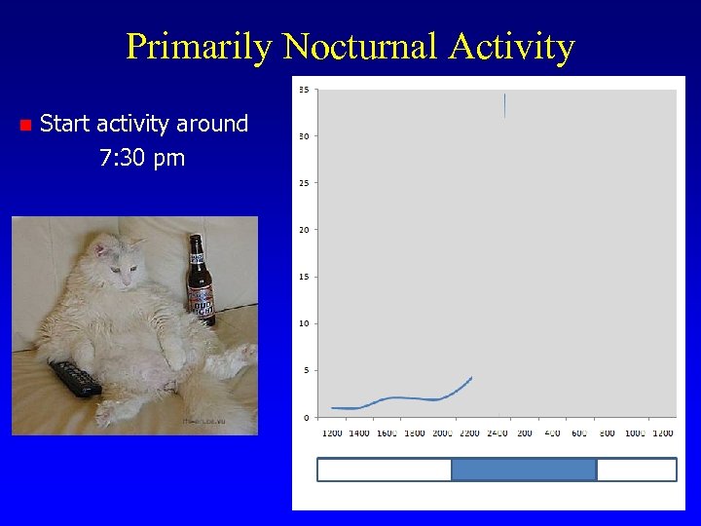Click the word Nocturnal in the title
(x=362, y=46)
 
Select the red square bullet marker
(x=25, y=125)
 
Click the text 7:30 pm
(x=142, y=158)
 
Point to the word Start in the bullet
(x=64, y=124)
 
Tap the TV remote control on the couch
(x=76, y=377)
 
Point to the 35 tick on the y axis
(x=304, y=90)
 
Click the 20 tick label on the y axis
(x=304, y=230)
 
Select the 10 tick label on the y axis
(x=304, y=323)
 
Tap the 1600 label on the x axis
(x=387, y=432)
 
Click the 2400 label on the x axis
(x=498, y=432)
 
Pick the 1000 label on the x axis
(x=635, y=432)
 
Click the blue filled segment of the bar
(x=524, y=470)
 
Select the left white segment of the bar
(x=385, y=470)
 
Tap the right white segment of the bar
(x=636, y=470)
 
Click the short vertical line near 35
(x=504, y=105)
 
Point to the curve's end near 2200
(x=471, y=377)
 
